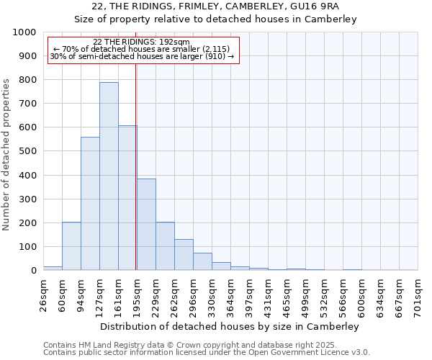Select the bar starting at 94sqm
90,204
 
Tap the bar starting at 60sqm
71,246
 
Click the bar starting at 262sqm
184,255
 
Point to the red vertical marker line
136,166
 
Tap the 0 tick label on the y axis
33,271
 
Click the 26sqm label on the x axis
44,293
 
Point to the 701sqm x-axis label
418,293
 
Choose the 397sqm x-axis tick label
250,293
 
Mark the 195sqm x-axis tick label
138,293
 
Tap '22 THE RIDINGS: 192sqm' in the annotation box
142,42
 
